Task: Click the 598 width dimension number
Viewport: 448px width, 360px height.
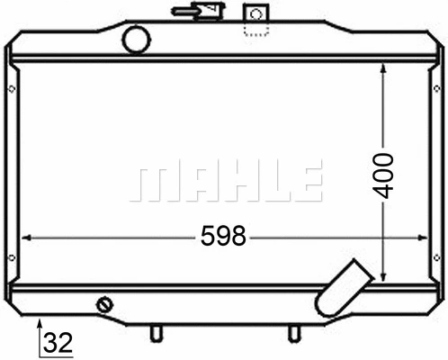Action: click(223, 237)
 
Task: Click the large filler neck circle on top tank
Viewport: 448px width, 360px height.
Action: click(137, 40)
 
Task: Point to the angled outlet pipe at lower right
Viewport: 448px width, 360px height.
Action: click(343, 287)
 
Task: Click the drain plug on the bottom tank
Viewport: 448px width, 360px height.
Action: click(105, 305)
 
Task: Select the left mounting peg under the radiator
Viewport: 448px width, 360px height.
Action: click(156, 333)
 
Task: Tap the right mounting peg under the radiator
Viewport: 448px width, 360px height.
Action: click(293, 333)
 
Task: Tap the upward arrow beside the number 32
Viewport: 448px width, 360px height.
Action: click(38, 324)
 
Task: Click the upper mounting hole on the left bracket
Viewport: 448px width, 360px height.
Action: click(10, 88)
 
